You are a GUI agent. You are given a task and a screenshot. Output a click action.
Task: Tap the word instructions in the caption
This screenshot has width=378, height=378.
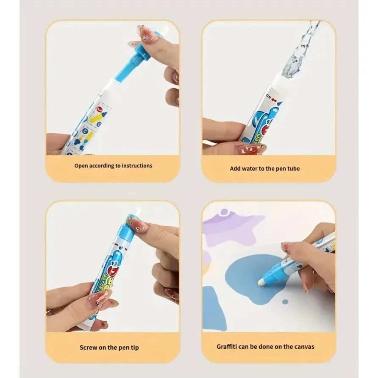click(x=134, y=166)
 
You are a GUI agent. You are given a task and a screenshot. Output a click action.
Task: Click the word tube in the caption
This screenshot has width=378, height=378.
click(x=293, y=168)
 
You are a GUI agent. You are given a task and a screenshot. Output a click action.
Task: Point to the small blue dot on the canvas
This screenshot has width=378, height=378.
click(x=285, y=302)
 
